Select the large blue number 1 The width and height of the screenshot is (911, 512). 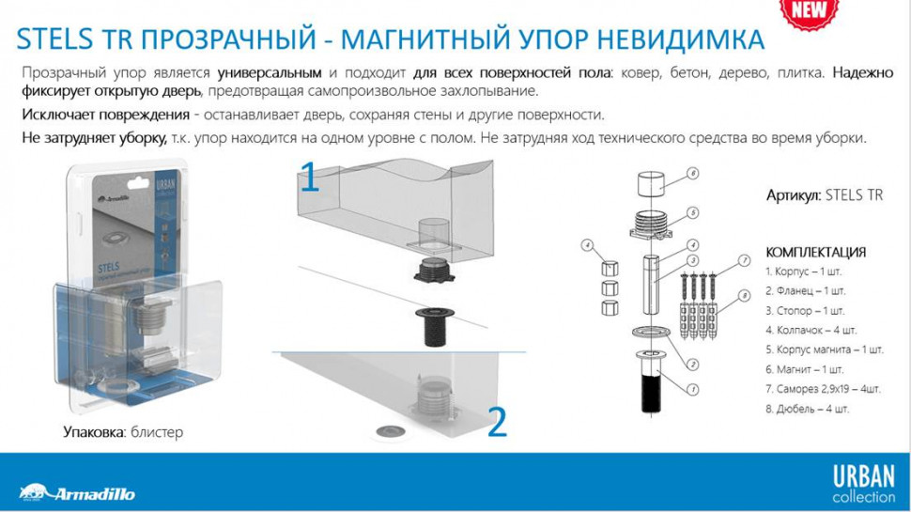309,176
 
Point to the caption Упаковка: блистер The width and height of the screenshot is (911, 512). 123,432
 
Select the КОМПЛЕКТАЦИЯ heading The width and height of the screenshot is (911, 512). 815,253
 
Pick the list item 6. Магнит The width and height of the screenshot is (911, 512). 804,369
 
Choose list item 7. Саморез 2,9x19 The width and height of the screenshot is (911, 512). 822,389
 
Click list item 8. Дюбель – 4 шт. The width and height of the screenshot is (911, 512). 808,409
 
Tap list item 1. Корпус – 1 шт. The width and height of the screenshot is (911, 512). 807,271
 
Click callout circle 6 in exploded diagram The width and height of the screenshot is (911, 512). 691,173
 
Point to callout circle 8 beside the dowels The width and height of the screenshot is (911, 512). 743,295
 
